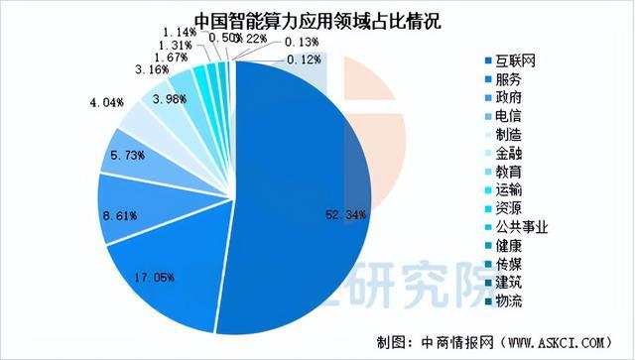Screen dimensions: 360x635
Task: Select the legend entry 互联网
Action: [x=518, y=60]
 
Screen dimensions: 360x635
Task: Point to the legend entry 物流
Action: [x=511, y=300]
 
